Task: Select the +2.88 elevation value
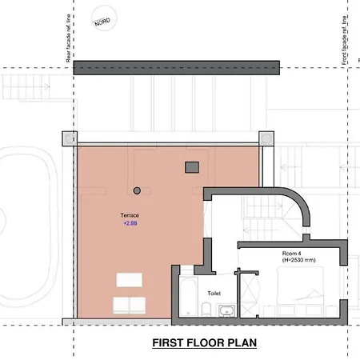click(x=130, y=224)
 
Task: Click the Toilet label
click(x=214, y=293)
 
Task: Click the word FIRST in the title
click(x=170, y=344)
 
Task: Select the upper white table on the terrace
click(x=130, y=280)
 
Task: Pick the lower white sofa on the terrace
click(x=130, y=305)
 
